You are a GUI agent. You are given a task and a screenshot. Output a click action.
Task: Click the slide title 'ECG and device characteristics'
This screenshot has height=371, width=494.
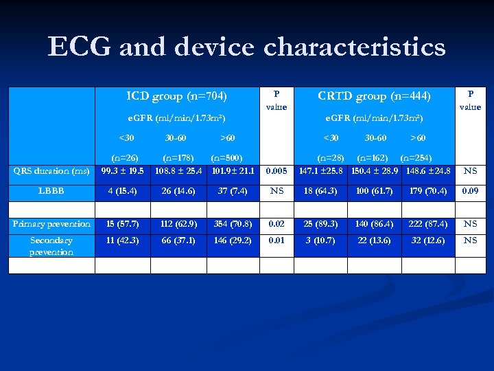(247, 47)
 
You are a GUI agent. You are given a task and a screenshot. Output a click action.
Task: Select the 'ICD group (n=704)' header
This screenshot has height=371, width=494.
(177, 95)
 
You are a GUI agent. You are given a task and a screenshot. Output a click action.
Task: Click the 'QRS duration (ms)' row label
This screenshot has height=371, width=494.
(51, 171)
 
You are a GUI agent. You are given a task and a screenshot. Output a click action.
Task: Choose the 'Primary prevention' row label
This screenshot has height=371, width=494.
(51, 224)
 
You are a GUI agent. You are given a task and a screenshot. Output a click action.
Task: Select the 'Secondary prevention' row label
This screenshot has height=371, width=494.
(51, 246)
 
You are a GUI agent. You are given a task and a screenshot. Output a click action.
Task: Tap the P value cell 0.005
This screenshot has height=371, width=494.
(277, 171)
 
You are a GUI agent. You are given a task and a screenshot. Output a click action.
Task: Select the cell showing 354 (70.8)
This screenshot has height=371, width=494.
(233, 224)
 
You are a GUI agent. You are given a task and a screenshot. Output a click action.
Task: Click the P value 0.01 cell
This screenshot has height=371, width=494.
(277, 240)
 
